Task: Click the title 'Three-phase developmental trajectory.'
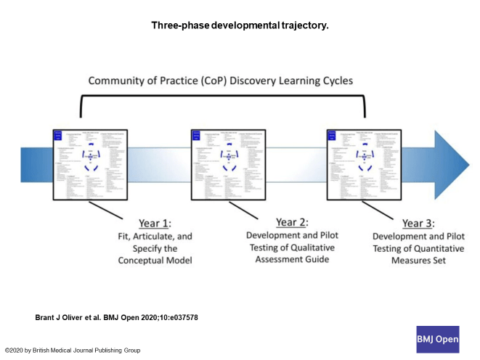(x=240, y=25)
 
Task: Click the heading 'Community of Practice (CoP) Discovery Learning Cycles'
(x=221, y=81)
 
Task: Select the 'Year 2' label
(x=292, y=221)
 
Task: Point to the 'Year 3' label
(x=418, y=224)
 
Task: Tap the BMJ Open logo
(x=437, y=338)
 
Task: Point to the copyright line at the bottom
(x=73, y=350)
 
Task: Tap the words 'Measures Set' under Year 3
(x=418, y=260)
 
